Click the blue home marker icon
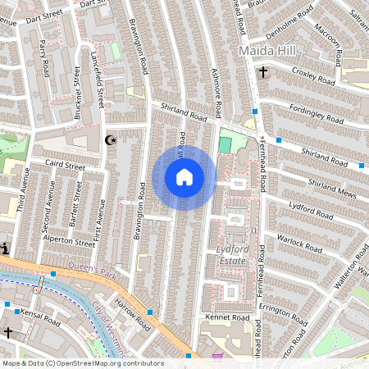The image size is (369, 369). tap(184, 177)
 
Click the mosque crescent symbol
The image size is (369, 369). tap(111, 141)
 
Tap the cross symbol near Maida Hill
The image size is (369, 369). tap(263, 72)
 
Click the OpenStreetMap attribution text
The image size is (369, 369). tap(82, 363)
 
